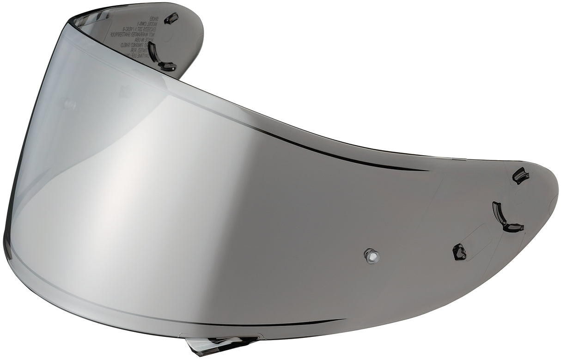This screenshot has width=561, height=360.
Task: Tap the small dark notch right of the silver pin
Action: point(459,252)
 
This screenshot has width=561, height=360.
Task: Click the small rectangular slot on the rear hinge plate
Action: point(171,18)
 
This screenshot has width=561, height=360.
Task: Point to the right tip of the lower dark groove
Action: point(344,319)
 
